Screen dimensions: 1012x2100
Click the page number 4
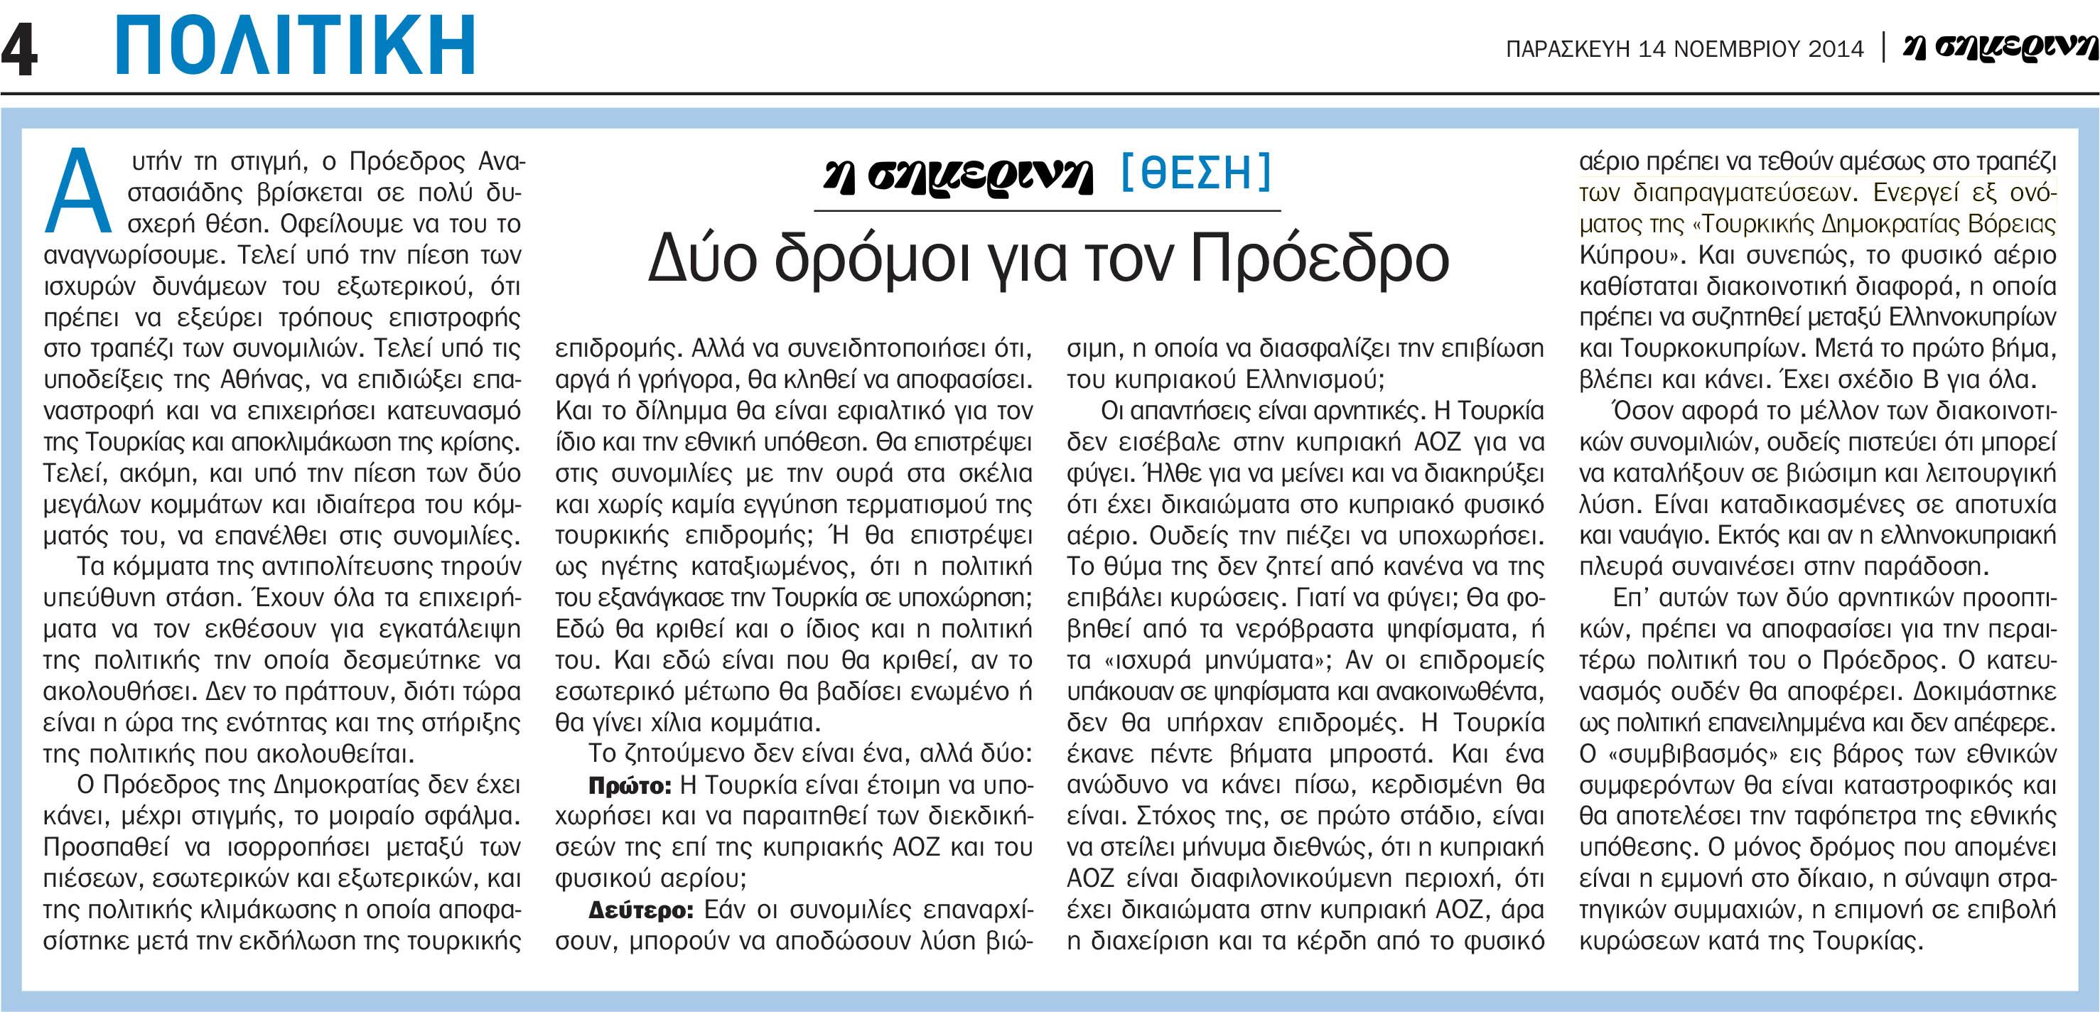pos(20,49)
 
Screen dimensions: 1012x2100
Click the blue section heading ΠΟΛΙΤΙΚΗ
pos(295,45)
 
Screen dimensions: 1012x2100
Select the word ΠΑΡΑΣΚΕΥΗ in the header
pos(1568,49)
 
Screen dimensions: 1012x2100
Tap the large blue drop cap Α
pos(78,191)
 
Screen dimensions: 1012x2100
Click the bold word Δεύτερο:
pos(641,910)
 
